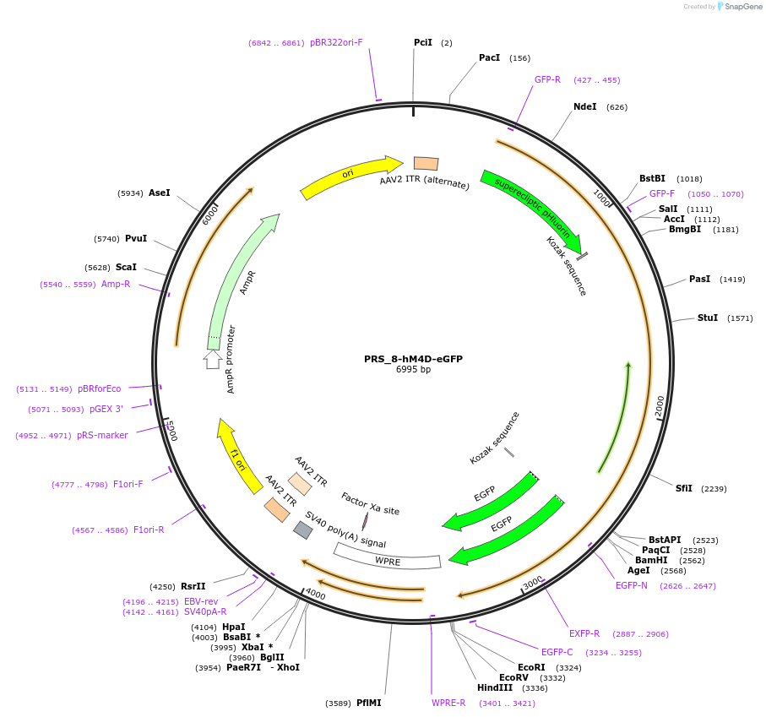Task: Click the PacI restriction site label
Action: click(489, 57)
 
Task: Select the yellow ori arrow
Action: click(350, 175)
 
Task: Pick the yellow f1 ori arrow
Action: click(238, 457)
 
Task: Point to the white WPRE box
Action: click(388, 557)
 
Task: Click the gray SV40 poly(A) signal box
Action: click(303, 530)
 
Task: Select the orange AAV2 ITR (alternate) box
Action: click(426, 163)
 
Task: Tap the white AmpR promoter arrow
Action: click(213, 360)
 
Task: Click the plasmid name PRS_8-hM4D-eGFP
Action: click(413, 359)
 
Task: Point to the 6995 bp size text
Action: click(413, 369)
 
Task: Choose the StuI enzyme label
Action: click(708, 318)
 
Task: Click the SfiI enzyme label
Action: click(683, 488)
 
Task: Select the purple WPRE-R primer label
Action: click(448, 703)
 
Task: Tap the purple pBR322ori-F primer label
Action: click(336, 42)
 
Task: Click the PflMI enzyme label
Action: click(368, 703)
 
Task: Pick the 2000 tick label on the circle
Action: click(660, 406)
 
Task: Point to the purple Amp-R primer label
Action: click(116, 284)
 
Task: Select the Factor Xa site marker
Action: click(365, 521)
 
